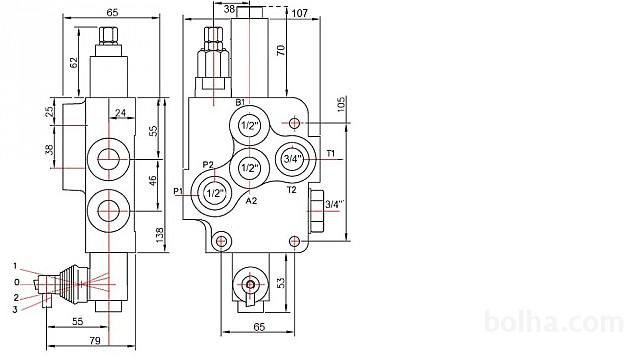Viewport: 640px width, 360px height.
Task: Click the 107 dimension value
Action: click(x=300, y=13)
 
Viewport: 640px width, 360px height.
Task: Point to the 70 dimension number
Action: click(x=281, y=50)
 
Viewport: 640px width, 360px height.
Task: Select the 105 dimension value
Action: click(x=341, y=104)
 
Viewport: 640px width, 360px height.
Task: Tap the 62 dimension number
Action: click(x=73, y=63)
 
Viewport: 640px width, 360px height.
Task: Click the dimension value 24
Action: click(x=120, y=112)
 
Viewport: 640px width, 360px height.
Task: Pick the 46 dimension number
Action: click(x=152, y=181)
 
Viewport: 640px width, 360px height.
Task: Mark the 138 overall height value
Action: click(x=159, y=236)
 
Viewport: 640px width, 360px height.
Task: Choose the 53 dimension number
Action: click(x=281, y=283)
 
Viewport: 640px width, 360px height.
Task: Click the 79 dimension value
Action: click(x=95, y=340)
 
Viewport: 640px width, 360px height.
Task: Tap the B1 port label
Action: click(x=240, y=102)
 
